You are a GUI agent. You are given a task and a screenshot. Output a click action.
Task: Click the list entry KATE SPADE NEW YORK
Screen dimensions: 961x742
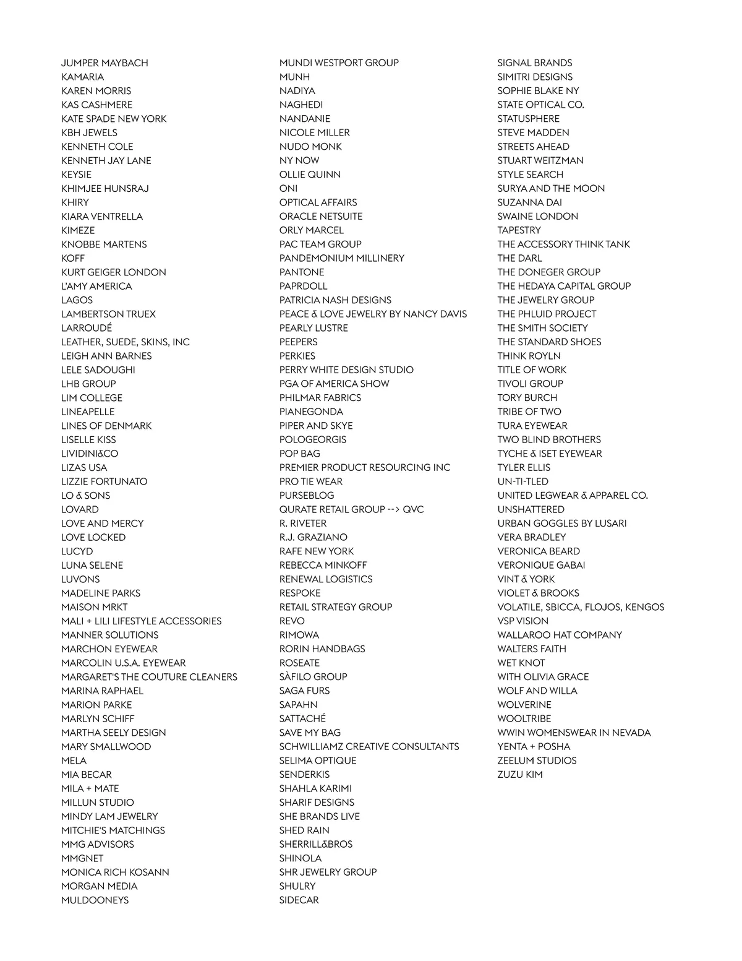114,119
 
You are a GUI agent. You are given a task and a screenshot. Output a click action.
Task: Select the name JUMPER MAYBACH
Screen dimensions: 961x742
104,63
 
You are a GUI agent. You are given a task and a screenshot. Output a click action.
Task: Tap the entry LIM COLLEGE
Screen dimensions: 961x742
92,398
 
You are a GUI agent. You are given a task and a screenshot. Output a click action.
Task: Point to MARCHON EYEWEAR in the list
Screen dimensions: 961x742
109,649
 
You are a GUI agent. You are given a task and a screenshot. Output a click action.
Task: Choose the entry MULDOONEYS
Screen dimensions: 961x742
95,900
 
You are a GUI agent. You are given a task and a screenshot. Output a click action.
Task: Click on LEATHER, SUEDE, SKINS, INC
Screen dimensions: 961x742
126,342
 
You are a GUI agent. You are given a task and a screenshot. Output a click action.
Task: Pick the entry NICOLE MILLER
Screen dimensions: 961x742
314,132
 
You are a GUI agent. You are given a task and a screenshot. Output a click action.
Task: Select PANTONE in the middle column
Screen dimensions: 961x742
302,272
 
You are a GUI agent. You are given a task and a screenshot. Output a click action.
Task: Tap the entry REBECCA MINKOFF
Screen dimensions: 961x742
323,566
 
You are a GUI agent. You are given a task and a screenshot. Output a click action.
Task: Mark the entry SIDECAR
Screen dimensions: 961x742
299,900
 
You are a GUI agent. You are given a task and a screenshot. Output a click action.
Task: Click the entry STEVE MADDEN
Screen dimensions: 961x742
533,132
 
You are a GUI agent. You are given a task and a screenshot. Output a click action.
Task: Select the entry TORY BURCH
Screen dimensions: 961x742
527,398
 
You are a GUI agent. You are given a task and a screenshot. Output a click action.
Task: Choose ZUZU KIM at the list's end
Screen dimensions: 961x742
520,775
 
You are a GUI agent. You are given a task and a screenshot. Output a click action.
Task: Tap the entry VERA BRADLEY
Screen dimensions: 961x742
532,537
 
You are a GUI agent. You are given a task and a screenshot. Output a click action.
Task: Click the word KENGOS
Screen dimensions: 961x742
645,607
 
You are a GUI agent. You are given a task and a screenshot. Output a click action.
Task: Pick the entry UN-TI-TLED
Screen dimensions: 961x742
522,481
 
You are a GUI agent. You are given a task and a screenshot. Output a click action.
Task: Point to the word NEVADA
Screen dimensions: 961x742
631,733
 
